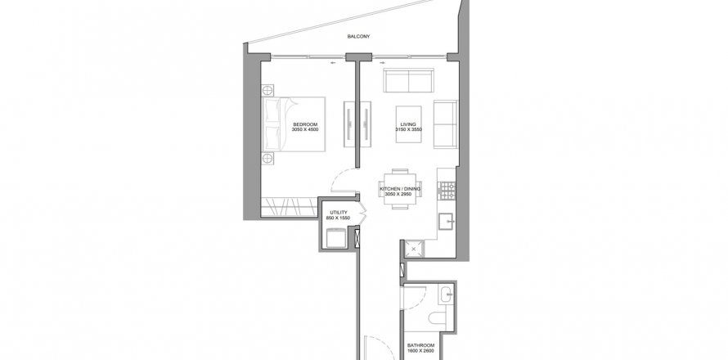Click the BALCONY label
tap(358, 36)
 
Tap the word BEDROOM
tap(305, 124)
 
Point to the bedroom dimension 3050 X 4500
tap(305, 129)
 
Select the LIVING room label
tap(408, 124)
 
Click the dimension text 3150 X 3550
tap(408, 129)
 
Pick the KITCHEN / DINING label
tap(400, 189)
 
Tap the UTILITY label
tap(338, 213)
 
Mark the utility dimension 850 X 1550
tap(338, 218)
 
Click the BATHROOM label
tap(420, 345)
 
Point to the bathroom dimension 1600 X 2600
tap(420, 351)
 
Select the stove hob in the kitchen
tap(447, 191)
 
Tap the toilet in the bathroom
tap(438, 317)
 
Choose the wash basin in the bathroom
tap(447, 294)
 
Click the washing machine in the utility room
tap(336, 238)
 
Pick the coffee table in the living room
tap(408, 124)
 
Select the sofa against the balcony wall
tap(408, 80)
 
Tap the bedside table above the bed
tap(267, 90)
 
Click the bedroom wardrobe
tap(290, 207)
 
